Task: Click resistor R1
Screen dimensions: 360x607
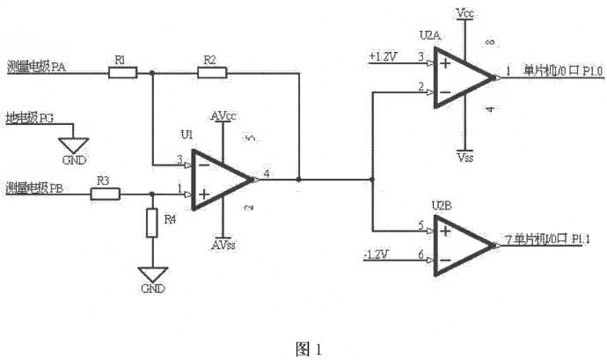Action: (122, 73)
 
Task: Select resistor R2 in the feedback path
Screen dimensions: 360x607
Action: (211, 73)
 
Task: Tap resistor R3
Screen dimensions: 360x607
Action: (105, 193)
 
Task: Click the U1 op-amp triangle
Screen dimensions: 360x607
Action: (220, 180)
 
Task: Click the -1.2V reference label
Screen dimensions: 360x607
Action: (377, 255)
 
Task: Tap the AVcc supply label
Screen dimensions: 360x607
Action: (223, 117)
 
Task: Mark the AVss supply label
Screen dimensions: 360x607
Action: (223, 245)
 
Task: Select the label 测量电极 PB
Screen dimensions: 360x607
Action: (33, 187)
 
